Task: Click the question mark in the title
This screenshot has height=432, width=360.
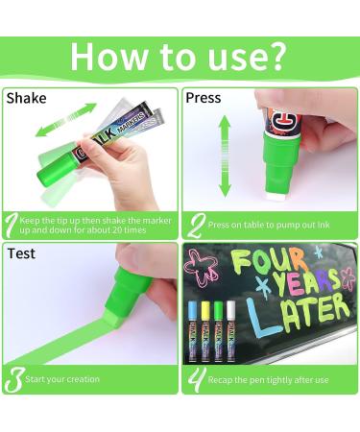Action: click(x=274, y=56)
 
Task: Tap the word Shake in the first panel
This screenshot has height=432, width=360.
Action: click(x=26, y=98)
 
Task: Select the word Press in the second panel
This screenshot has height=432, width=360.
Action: click(x=204, y=98)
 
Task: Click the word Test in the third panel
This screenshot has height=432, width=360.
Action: click(x=21, y=253)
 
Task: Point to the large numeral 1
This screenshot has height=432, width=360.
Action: click(x=11, y=226)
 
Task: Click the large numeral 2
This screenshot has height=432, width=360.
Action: click(x=196, y=226)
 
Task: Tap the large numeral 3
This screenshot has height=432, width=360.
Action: click(x=13, y=380)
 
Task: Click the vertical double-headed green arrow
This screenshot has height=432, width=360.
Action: click(x=225, y=156)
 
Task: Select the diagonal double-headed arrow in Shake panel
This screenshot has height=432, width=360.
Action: click(x=65, y=120)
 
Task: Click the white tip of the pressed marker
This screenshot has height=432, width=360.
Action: click(x=275, y=197)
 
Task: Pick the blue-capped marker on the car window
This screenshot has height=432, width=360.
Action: click(x=193, y=330)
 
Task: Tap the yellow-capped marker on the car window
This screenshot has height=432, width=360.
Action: click(x=205, y=331)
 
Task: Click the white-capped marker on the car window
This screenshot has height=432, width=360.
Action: click(x=230, y=331)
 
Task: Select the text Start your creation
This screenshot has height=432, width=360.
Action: click(x=62, y=379)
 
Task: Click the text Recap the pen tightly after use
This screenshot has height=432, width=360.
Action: click(x=268, y=380)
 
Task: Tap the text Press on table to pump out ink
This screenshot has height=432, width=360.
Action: click(x=269, y=225)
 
